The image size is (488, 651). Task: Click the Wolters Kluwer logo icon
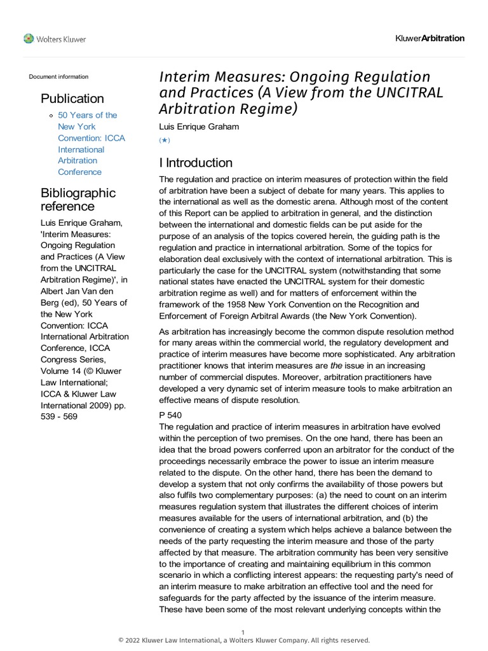click(29, 39)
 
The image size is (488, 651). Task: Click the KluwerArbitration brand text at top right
click(430, 38)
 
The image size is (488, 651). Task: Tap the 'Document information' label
click(58, 77)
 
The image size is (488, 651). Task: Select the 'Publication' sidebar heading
click(72, 99)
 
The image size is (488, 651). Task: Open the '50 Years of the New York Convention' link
click(88, 144)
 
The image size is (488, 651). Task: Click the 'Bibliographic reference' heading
click(78, 200)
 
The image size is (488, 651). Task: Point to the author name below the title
click(198, 127)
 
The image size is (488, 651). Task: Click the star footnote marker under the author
click(164, 139)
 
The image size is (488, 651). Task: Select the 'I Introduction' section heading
click(196, 163)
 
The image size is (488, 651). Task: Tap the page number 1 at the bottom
click(243, 631)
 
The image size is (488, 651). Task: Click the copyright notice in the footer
click(243, 640)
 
